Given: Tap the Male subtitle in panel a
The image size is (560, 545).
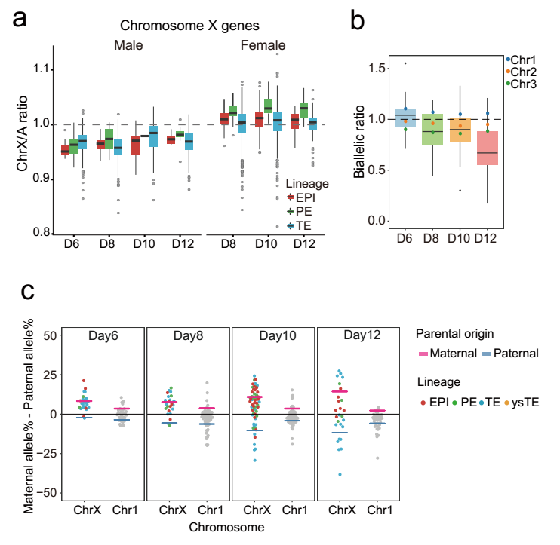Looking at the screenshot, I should [128, 46].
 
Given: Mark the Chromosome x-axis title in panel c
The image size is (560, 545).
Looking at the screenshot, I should [230, 528].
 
